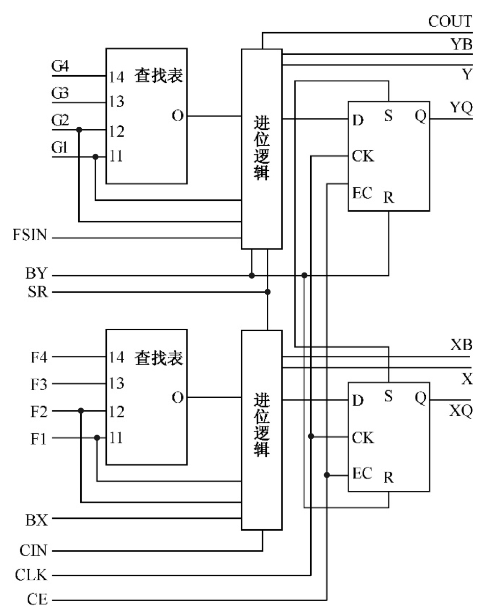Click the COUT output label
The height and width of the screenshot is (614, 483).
449,22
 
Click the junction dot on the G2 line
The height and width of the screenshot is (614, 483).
79,130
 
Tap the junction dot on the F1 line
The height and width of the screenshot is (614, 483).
97,438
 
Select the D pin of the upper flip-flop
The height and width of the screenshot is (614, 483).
358,120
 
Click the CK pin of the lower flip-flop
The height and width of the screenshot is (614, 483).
363,438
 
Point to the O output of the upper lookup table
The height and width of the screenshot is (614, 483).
177,116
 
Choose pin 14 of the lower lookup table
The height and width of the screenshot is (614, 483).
116,357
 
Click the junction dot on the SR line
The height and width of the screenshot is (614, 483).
267,292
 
